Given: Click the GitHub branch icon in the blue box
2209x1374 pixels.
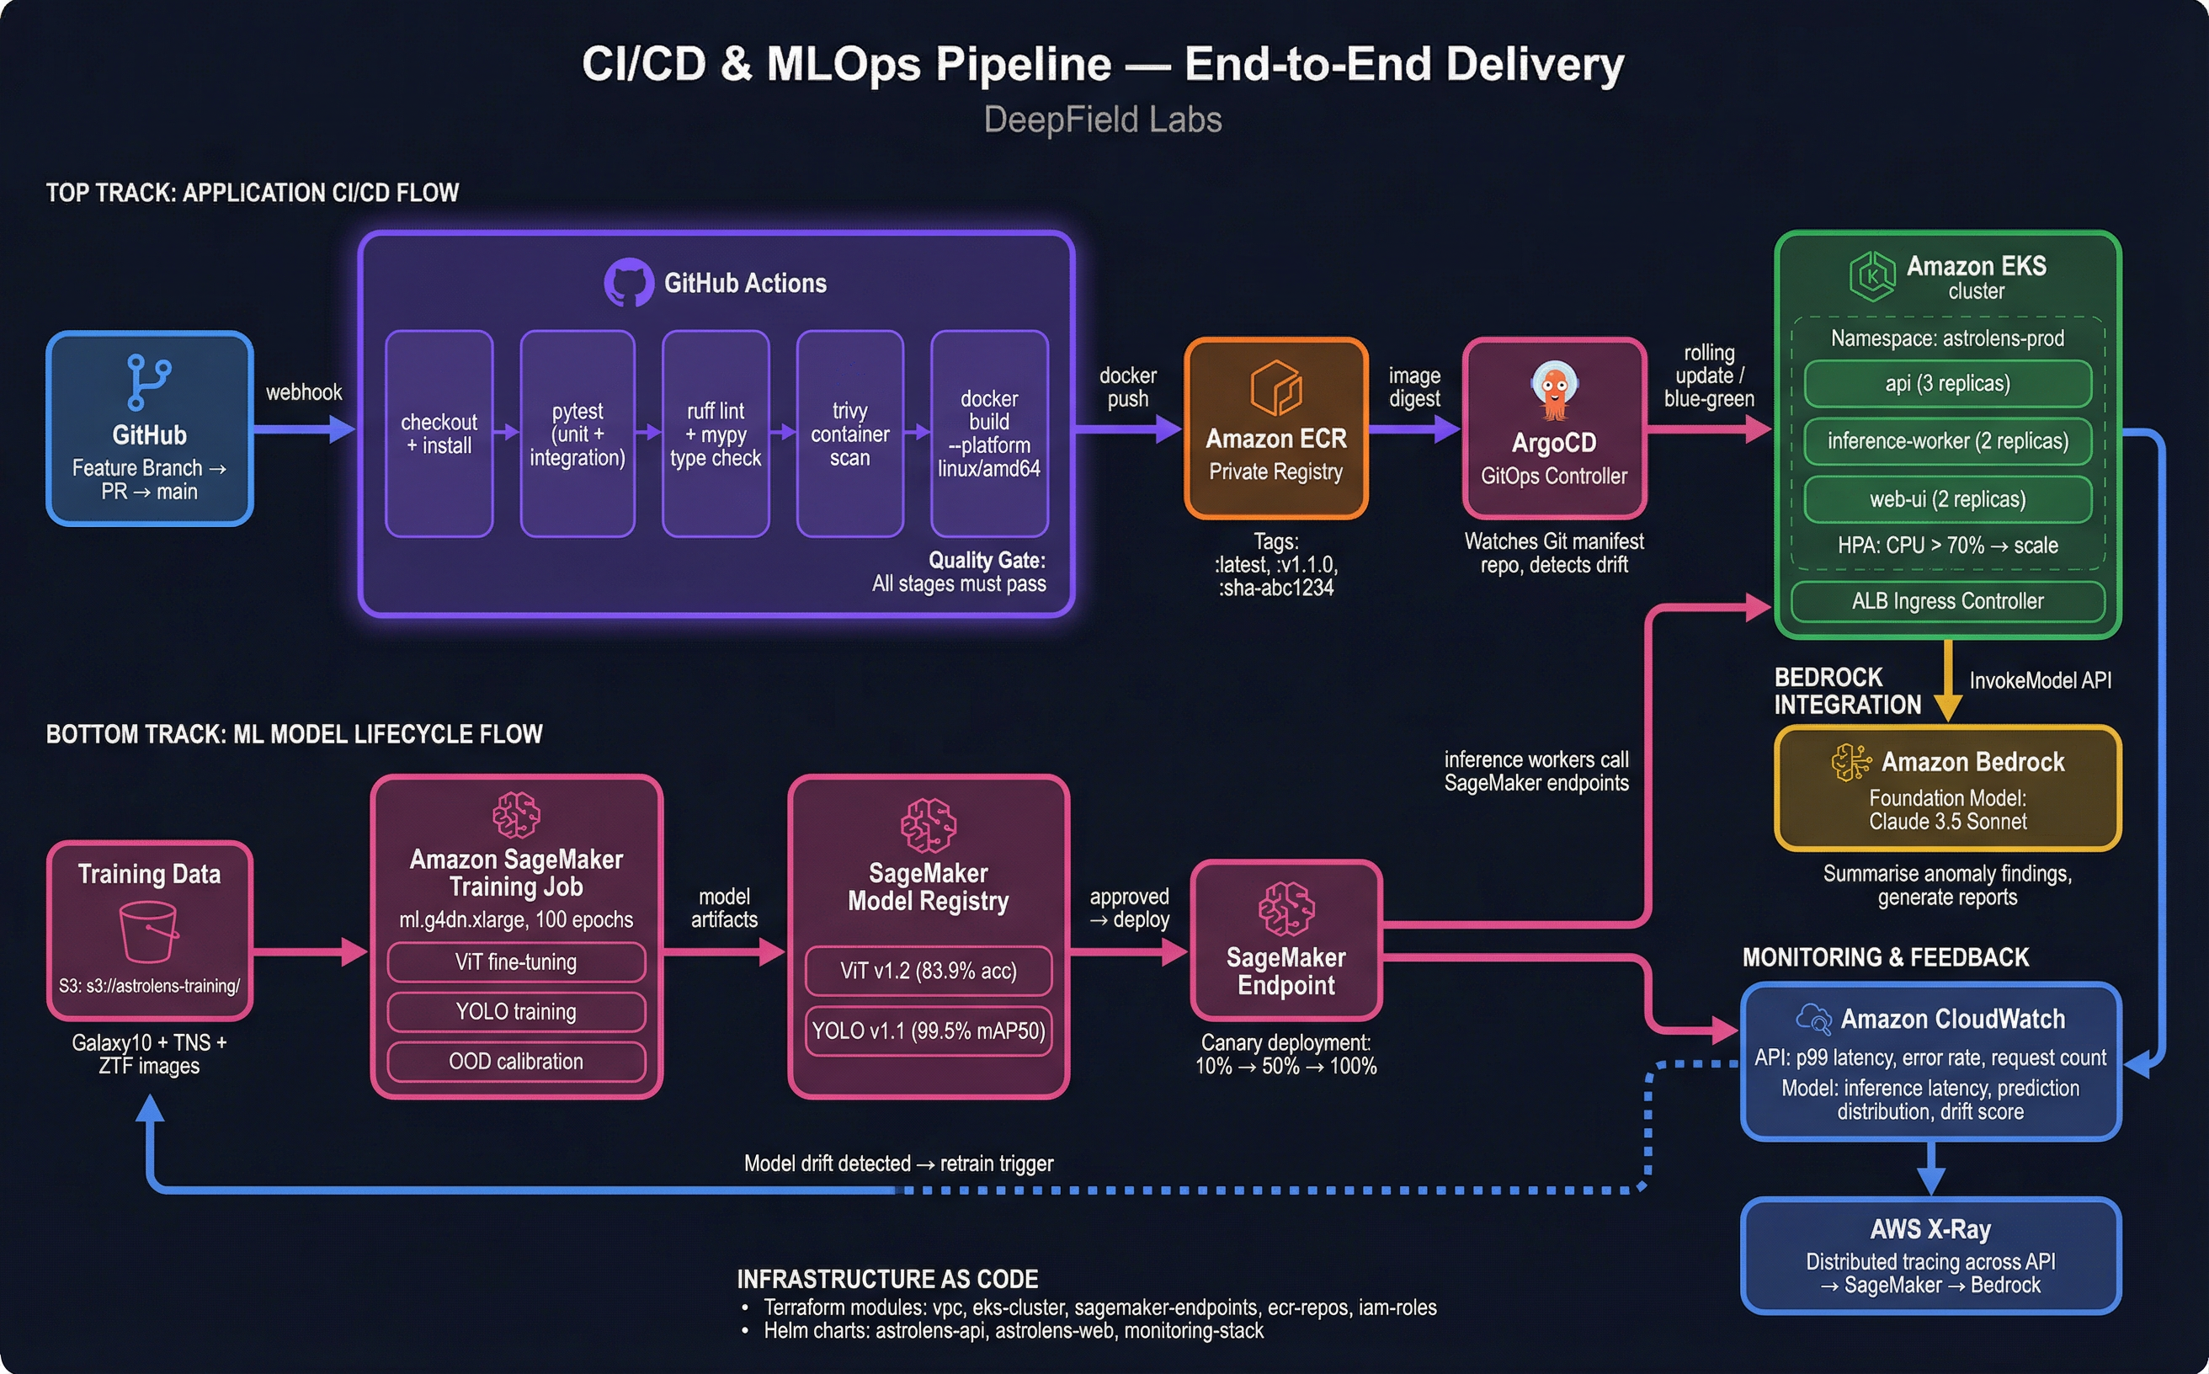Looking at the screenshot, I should [149, 381].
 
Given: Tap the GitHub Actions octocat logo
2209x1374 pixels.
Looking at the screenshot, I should [629, 283].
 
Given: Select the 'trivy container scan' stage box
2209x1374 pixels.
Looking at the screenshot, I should [849, 434].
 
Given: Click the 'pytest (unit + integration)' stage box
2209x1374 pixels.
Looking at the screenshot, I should [577, 434].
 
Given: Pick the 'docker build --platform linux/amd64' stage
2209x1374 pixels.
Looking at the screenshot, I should [988, 434].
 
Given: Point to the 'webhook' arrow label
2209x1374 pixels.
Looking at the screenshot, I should [304, 392].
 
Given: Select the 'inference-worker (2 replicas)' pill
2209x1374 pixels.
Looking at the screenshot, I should [1947, 442].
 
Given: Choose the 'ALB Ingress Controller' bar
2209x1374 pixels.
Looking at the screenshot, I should [1947, 602].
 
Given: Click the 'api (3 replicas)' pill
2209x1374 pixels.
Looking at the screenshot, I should [1947, 383].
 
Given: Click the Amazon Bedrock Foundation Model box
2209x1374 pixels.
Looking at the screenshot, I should [1947, 788].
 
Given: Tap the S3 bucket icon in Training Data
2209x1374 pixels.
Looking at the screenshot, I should [148, 930].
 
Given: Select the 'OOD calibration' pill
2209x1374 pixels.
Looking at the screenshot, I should [516, 1062].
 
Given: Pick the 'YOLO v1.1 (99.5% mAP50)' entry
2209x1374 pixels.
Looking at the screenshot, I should [928, 1030].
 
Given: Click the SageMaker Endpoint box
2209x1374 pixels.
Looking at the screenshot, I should [1285, 940].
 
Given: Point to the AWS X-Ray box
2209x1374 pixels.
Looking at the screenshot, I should [1930, 1256].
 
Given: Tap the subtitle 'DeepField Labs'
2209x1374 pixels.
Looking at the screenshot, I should [1102, 120].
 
